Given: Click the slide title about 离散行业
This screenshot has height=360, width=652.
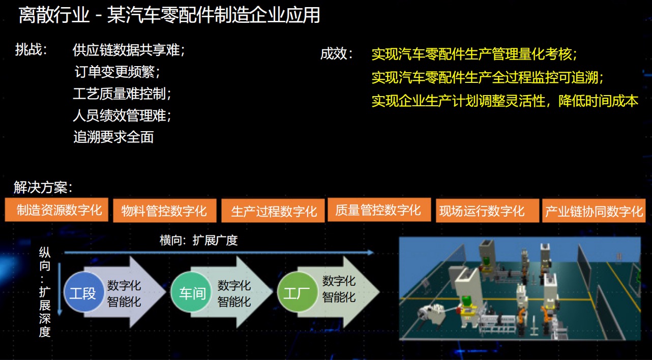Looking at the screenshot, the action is click(x=169, y=15).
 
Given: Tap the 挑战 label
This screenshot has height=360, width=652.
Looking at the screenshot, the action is click(x=31, y=49).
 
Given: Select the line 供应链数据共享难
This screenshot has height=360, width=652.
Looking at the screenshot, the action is click(x=129, y=50).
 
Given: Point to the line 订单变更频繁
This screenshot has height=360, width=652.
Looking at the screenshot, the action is click(x=117, y=72).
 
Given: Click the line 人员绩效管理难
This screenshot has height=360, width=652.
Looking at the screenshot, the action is click(x=122, y=115).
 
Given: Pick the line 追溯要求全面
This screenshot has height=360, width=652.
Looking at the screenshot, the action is click(x=113, y=137).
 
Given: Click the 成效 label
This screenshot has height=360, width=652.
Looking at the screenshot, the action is click(x=337, y=54).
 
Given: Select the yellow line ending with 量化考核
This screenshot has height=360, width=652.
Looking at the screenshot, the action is click(x=475, y=54).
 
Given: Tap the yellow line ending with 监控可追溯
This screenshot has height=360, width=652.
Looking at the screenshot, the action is click(x=488, y=77).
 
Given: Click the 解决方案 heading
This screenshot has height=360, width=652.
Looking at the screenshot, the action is click(x=43, y=187).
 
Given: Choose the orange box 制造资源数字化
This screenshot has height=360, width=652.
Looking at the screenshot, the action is click(x=56, y=210).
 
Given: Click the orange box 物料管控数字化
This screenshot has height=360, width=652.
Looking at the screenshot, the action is click(x=165, y=211).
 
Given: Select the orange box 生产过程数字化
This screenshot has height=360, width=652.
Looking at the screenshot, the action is click(x=273, y=211).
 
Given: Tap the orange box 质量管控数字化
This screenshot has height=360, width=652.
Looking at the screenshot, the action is click(x=379, y=209).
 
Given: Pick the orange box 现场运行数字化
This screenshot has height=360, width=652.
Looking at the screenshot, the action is click(x=488, y=211).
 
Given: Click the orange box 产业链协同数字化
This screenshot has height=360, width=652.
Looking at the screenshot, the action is click(x=594, y=211).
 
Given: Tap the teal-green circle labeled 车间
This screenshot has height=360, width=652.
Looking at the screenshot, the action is click(x=191, y=292).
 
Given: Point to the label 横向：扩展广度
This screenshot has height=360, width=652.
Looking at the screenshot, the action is click(x=198, y=241).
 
